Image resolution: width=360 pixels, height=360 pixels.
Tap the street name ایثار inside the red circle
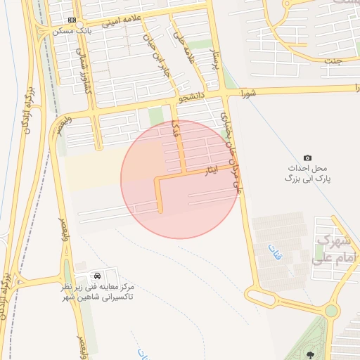pyautogui.click(x=212, y=170)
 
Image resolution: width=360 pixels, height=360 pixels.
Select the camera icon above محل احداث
pyautogui.click(x=307, y=157)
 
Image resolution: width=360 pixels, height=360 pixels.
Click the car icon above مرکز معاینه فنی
pyautogui.click(x=96, y=274)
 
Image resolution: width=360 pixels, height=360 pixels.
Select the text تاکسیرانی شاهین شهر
pyautogui.click(x=98, y=297)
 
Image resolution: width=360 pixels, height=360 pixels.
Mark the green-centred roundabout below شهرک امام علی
pyautogui.click(x=331, y=310)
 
